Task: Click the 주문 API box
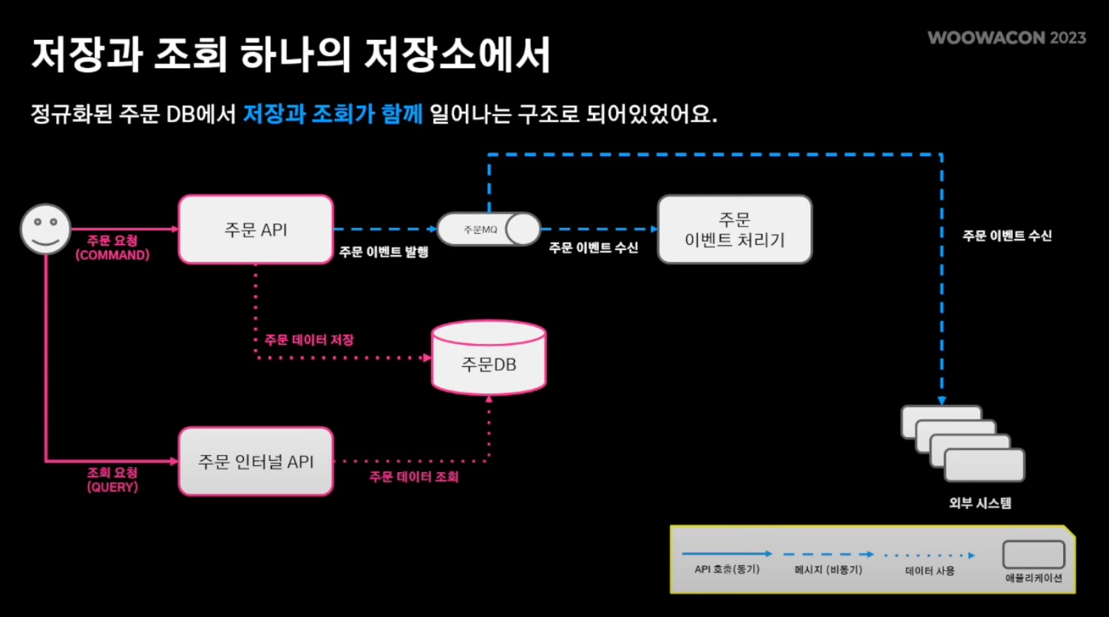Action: coord(256,229)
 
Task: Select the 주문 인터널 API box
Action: coord(256,462)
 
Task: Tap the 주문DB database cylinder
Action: coord(489,359)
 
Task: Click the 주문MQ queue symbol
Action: coord(489,229)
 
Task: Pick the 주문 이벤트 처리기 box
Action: coord(734,229)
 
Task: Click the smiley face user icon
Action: coord(45,229)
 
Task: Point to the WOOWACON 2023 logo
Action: coord(1006,38)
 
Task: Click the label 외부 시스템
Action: coord(980,503)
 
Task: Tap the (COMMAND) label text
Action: coord(112,255)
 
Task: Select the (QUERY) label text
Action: coord(112,487)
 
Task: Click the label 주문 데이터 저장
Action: coord(309,340)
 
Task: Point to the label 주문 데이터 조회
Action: coord(414,477)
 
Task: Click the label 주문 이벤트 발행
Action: coord(384,252)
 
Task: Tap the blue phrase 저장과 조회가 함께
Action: coord(333,114)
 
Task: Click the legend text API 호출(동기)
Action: coord(727,570)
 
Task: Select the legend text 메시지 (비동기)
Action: coord(828,570)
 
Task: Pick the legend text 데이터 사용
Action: coord(930,570)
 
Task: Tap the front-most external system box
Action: coord(984,465)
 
